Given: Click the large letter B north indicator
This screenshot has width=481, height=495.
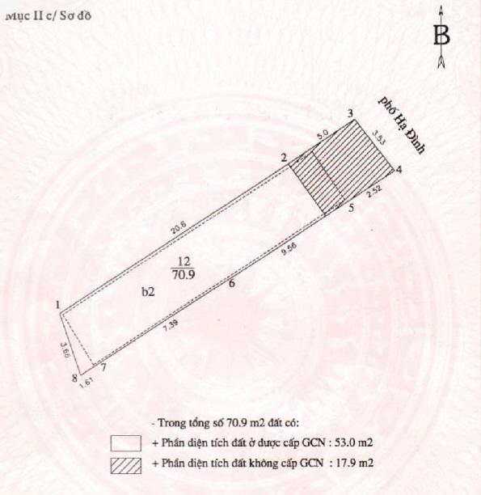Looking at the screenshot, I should (441, 36).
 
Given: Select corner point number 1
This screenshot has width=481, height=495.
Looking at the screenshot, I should (58, 305).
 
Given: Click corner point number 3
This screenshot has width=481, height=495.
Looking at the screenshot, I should (349, 114).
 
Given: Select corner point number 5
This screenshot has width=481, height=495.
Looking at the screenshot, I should (350, 209).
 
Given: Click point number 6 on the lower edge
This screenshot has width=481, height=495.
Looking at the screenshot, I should (231, 283).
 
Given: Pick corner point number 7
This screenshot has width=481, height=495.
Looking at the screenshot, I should (103, 368).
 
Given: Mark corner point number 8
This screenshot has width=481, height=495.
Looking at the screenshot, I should (74, 378).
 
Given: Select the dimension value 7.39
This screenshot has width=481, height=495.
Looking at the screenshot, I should (171, 325).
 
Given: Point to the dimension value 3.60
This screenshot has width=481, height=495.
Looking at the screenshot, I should (64, 353).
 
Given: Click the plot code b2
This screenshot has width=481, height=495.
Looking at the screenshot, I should (147, 295).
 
